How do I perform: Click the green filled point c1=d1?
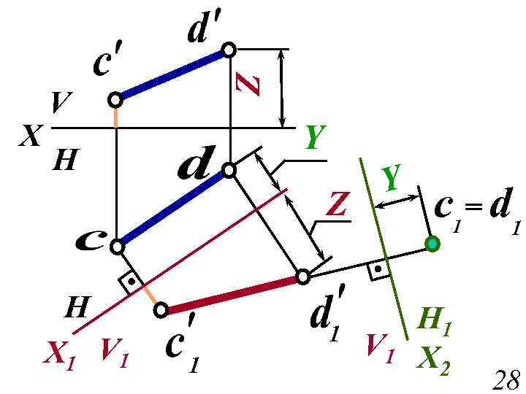432,244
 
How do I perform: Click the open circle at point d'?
229,50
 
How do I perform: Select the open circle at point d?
229,170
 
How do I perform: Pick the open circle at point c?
117,247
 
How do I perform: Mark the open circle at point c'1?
161,310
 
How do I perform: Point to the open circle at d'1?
303,277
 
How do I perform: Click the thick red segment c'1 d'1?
232,293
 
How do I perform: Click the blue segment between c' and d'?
172,74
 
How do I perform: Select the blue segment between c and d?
172,208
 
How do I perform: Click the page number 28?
506,379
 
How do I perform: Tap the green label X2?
434,360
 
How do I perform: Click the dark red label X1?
60,355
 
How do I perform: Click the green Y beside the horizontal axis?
314,136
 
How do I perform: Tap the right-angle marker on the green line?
378,269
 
